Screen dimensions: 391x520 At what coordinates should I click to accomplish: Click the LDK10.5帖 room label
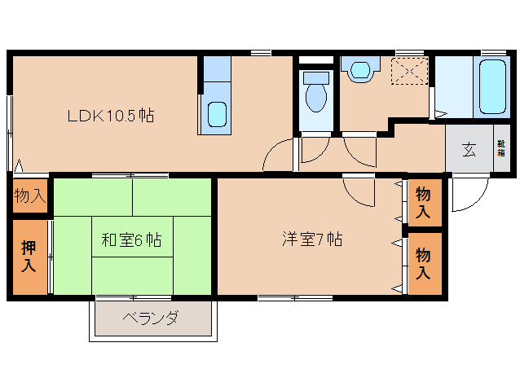[x=110, y=116]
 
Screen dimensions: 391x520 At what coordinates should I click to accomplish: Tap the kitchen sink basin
[x=216, y=113]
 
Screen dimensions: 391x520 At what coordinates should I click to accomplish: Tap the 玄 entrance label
[x=469, y=149]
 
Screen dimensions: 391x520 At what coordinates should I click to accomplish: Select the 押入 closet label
[x=29, y=257]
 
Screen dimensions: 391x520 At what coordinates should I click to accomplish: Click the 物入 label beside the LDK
[x=29, y=196]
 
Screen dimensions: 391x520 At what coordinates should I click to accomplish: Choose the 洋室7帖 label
[x=311, y=239]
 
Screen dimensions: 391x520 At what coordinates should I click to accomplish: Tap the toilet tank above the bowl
[x=315, y=78]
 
